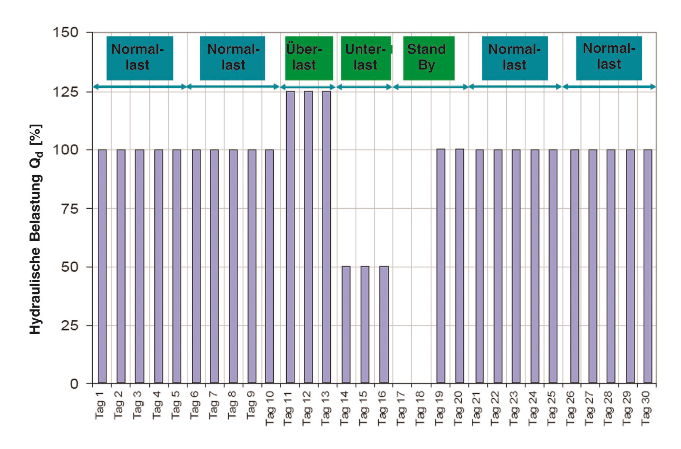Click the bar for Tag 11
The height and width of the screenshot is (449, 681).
pos(290,237)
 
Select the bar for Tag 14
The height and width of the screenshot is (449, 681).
pos(346,324)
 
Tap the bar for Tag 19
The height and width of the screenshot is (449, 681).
pos(441,266)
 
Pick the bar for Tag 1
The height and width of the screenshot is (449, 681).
pos(102,266)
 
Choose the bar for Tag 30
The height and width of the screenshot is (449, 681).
pos(648,266)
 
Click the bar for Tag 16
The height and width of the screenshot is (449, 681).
pos(384,324)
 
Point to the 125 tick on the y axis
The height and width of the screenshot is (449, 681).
pos(90,91)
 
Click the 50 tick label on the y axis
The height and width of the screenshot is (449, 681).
pos(69,267)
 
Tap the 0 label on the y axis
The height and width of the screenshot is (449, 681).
pos(74,384)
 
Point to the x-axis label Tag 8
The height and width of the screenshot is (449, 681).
pos(232,405)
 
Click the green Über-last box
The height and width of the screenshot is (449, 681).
pos(309,58)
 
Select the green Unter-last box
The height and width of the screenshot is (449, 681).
pos(366,58)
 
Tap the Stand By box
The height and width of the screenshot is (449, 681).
pos(428,58)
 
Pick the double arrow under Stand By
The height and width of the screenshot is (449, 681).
pos(431,87)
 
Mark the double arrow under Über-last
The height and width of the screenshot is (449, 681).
pos(308,87)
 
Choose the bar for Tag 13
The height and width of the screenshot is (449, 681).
pos(327,237)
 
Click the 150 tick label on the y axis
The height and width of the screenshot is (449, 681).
pos(66,32)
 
